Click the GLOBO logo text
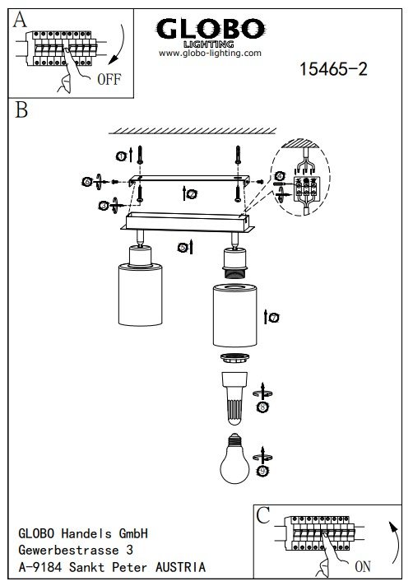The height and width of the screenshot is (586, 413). click(211, 29)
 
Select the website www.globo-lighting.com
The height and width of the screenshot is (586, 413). click(210, 53)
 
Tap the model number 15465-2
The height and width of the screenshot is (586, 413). click(333, 69)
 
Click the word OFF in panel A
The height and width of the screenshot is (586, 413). click(109, 79)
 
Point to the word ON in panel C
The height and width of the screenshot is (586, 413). click(363, 566)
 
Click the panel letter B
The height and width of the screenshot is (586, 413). click(21, 110)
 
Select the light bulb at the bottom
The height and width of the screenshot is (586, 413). click(234, 458)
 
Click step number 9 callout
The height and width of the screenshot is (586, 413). click(263, 472)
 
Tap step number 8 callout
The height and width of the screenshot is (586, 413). click(263, 407)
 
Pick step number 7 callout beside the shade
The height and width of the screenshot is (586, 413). click(275, 318)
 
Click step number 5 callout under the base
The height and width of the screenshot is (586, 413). click(183, 248)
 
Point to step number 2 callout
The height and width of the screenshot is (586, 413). click(192, 194)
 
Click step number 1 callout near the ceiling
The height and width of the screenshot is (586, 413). click(121, 156)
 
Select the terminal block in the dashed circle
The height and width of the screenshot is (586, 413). click(306, 189)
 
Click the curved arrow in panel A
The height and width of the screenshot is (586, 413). click(118, 44)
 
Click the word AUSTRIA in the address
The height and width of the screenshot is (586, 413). click(180, 567)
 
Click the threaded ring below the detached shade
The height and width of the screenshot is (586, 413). click(234, 358)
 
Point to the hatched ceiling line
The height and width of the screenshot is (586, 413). click(193, 131)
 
